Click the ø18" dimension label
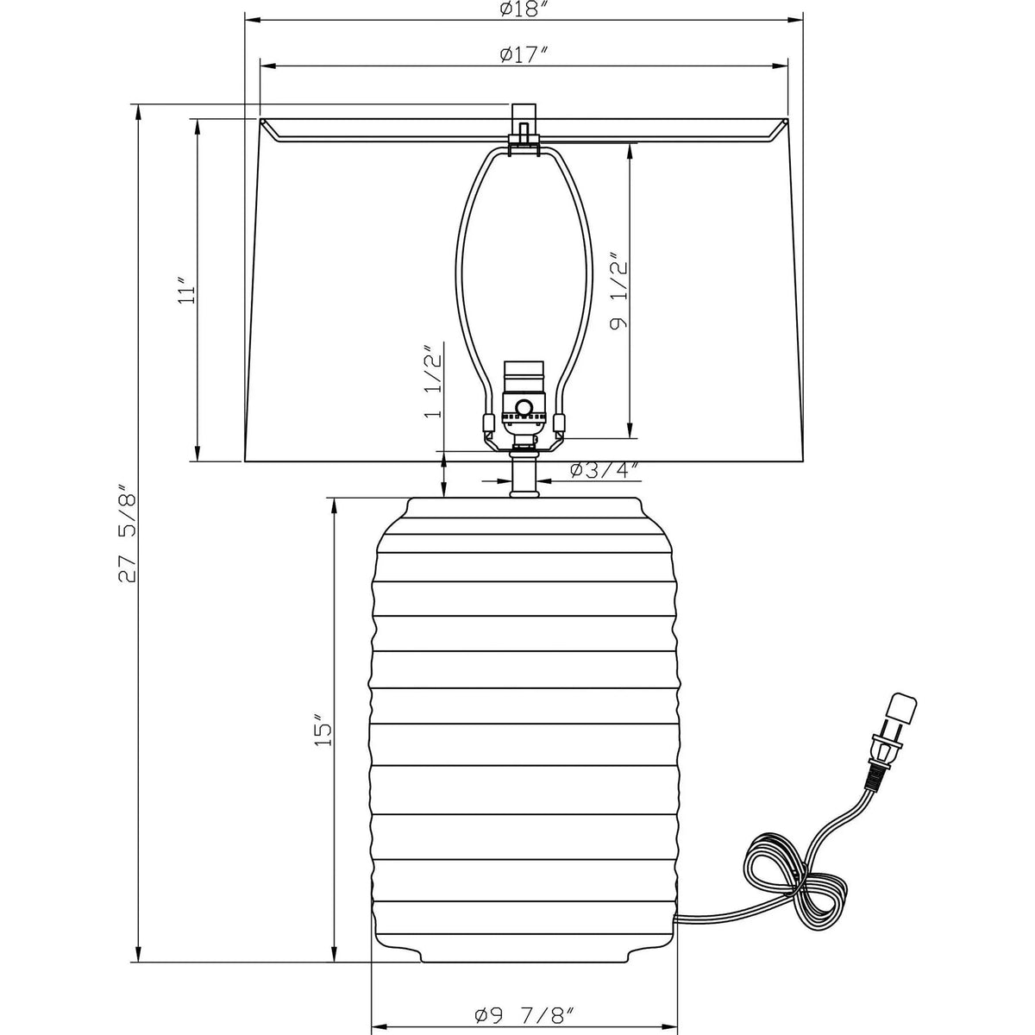(x=524, y=9)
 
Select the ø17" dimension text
(x=524, y=54)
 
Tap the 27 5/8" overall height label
(x=128, y=535)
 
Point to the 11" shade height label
(x=187, y=292)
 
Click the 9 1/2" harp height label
(x=618, y=291)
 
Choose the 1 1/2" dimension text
(x=432, y=381)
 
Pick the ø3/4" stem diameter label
(x=604, y=470)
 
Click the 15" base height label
(x=324, y=730)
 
